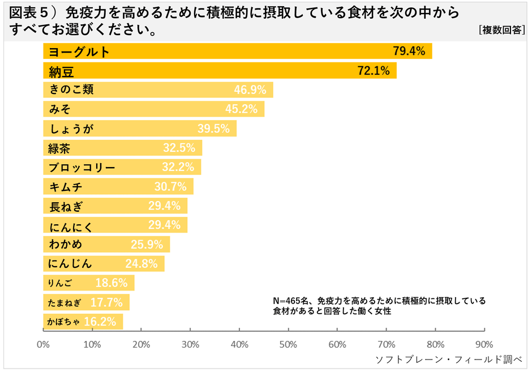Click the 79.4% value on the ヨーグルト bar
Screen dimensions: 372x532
409,52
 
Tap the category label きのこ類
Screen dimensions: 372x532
71,90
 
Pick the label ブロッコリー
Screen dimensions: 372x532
82,168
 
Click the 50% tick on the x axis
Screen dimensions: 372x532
289,344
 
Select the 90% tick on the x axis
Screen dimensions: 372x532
484,344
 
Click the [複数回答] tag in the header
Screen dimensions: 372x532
501,31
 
